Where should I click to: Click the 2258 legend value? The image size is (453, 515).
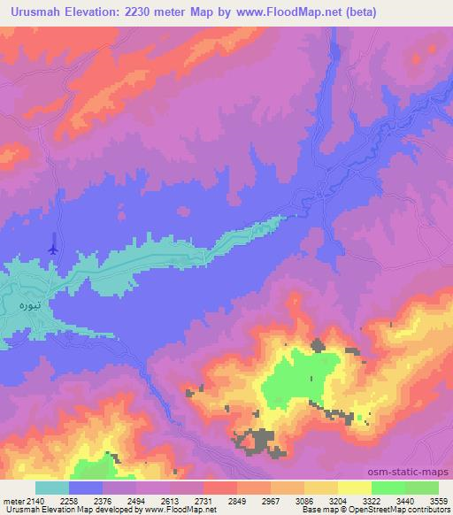[x=81, y=500]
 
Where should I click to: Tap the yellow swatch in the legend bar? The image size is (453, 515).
[x=354, y=488]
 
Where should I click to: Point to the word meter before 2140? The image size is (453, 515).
[x=12, y=500]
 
